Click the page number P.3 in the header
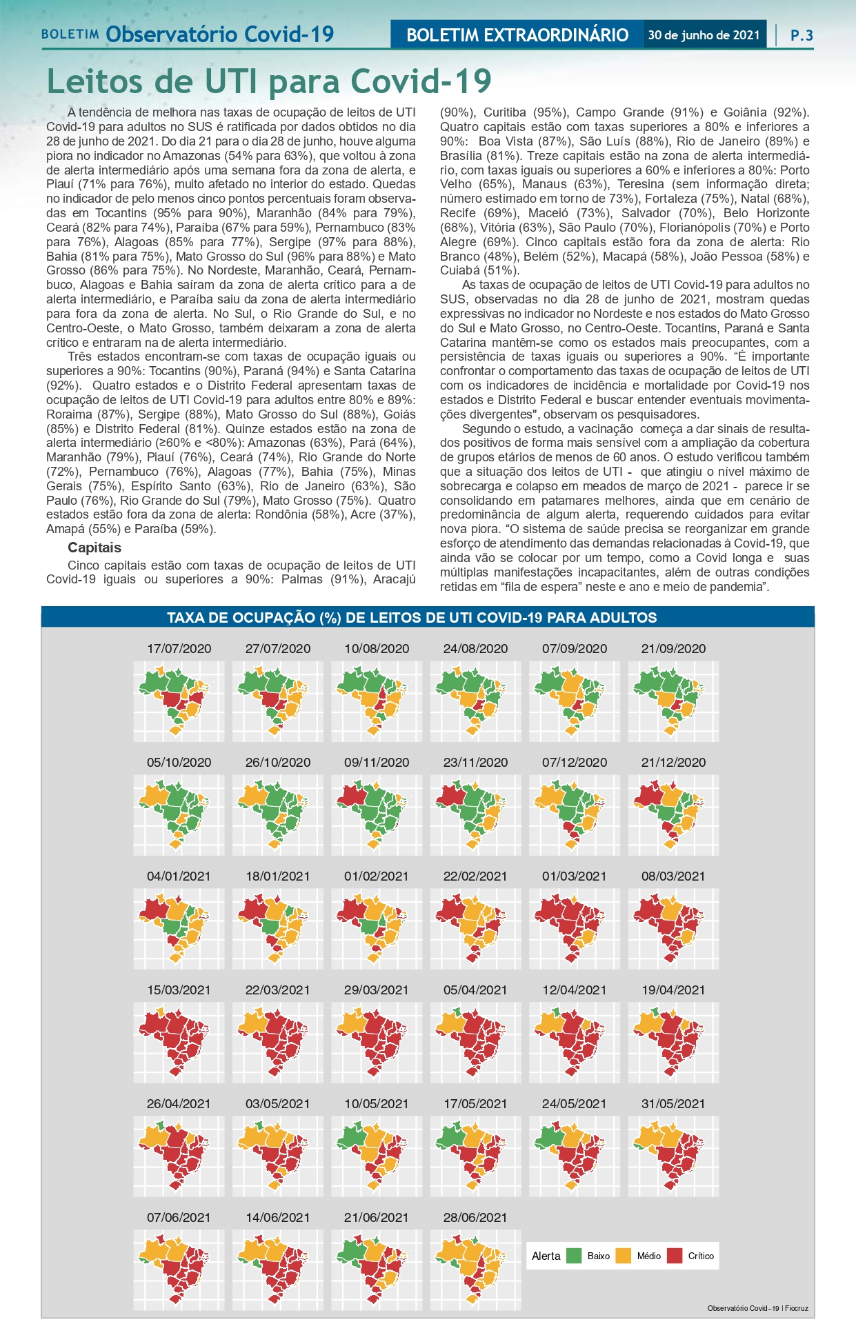(802, 35)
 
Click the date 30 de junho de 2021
(704, 35)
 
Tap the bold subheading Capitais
(94, 548)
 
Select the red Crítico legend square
(675, 1256)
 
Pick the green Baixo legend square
(574, 1256)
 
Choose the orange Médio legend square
(624, 1256)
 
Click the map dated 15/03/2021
(179, 1042)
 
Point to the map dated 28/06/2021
(475, 1270)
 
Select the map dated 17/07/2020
(179, 701)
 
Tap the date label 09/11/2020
(377, 762)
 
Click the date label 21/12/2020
(673, 762)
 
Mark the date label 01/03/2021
(575, 876)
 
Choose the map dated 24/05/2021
(575, 1156)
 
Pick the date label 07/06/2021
(179, 1217)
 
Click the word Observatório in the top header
(172, 34)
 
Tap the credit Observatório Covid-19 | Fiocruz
(757, 1308)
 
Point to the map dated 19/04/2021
(673, 1042)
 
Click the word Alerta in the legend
(546, 1256)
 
